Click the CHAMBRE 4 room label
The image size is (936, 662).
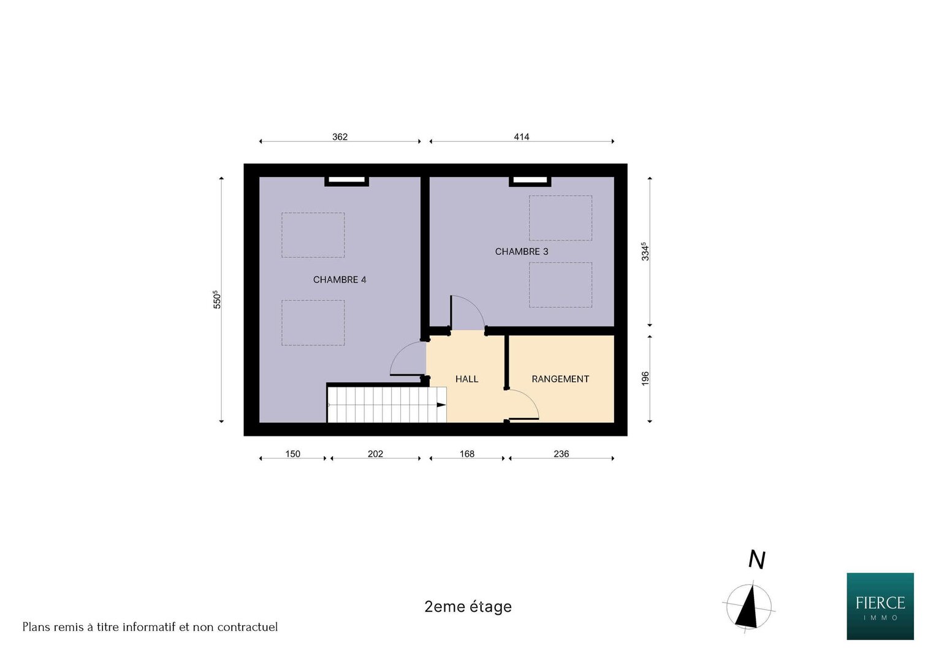[x=340, y=280]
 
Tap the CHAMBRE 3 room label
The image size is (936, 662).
[x=522, y=251]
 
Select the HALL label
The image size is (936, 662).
[x=466, y=379]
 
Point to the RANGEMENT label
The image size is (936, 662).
[x=560, y=379]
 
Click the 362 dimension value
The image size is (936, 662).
[x=340, y=137]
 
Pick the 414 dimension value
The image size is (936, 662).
[x=522, y=137]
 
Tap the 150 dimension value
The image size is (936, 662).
[x=292, y=454]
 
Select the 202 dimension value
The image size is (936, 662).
[x=375, y=454]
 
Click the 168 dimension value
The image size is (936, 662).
[x=466, y=454]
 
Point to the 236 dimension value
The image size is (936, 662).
[x=561, y=454]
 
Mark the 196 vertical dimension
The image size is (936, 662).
[x=645, y=379]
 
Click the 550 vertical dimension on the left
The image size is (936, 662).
[x=217, y=300]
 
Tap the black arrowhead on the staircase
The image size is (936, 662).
[x=441, y=405]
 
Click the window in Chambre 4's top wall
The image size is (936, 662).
[x=346, y=180]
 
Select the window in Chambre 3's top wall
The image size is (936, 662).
[x=530, y=180]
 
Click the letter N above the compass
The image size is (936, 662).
[x=757, y=560]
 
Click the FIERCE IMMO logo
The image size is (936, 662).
[x=880, y=606]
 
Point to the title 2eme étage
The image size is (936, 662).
[x=468, y=606]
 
